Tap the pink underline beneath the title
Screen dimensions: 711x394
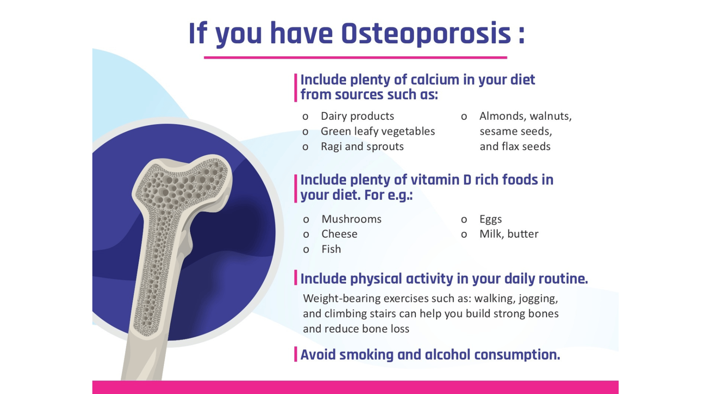tap(355, 58)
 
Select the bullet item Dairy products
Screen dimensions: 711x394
tap(357, 116)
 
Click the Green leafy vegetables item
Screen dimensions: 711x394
tap(378, 131)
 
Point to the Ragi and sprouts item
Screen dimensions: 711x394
tap(362, 146)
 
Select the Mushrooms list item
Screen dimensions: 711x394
tap(351, 219)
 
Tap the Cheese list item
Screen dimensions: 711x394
tap(339, 234)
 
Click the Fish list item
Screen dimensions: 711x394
tap(331, 249)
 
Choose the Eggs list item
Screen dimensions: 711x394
tap(491, 219)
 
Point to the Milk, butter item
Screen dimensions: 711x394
tap(509, 234)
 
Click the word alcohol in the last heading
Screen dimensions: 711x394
tap(448, 354)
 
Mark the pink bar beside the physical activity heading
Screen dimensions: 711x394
tap(296, 278)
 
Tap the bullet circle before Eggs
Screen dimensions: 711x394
tap(464, 220)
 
